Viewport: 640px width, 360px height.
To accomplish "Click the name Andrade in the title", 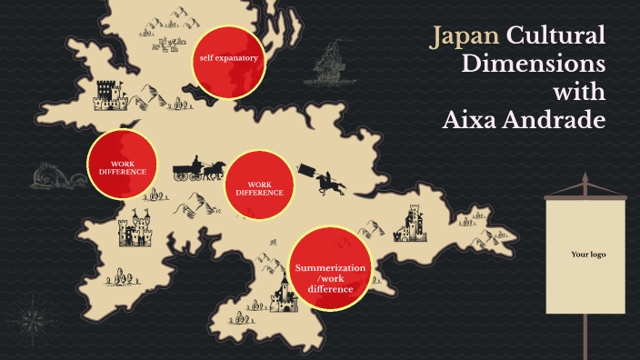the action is click(x=557, y=118).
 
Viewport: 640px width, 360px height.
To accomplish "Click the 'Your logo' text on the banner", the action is click(x=588, y=255).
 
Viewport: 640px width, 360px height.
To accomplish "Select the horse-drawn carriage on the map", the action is click(x=199, y=170).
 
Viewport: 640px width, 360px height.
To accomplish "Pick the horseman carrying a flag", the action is click(x=327, y=179).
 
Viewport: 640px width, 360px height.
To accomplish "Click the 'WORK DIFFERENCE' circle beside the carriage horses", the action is click(x=260, y=188).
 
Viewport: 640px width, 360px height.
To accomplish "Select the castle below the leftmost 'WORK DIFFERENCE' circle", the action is click(x=136, y=229).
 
